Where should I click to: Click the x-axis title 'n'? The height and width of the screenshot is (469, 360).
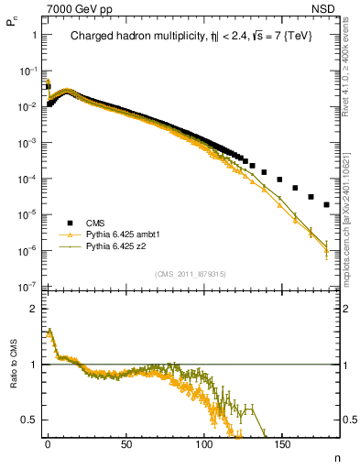[335, 456]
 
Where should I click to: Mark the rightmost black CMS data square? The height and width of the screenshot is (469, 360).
[327, 204]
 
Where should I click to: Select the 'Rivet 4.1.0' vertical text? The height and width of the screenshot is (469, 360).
[351, 82]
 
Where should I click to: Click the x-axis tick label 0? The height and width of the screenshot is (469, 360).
[48, 444]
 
